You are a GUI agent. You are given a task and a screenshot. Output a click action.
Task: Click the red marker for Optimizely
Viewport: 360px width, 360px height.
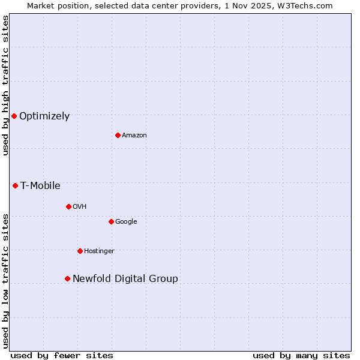click(14, 116)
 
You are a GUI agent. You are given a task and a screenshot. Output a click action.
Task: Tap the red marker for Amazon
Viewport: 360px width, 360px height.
click(118, 135)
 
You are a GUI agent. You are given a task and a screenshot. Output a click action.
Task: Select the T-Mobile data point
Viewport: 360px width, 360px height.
click(15, 185)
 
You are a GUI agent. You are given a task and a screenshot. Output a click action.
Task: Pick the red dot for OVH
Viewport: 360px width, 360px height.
click(68, 206)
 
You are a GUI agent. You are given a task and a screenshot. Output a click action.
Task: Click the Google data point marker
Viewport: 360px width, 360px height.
click(111, 221)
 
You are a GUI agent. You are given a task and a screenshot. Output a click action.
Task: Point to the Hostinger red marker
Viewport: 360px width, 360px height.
click(80, 251)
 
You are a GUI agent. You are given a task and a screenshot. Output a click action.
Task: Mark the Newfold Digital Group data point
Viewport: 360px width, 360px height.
click(67, 278)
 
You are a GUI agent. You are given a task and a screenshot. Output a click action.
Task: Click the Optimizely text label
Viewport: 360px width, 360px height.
click(44, 116)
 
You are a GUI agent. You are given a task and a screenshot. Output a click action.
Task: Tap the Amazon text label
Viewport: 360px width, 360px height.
click(134, 136)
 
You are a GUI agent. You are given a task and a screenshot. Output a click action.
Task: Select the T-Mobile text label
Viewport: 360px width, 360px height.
click(40, 186)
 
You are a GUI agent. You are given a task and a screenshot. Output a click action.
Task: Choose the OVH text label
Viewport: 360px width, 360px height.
click(80, 207)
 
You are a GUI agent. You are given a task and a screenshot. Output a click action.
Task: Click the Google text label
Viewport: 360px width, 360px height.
click(126, 222)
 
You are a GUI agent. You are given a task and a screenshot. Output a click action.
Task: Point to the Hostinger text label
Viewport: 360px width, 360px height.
click(99, 251)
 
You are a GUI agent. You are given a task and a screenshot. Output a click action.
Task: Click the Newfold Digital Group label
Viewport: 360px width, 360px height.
click(125, 279)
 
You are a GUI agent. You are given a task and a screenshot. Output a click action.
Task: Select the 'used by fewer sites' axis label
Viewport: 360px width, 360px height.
click(62, 356)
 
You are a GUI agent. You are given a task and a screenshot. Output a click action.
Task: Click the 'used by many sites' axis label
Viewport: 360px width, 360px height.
click(301, 356)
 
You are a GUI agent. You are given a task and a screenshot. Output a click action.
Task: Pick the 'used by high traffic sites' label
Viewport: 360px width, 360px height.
click(5, 85)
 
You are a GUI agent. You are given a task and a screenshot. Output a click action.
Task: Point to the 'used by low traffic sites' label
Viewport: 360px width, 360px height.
click(5, 280)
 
